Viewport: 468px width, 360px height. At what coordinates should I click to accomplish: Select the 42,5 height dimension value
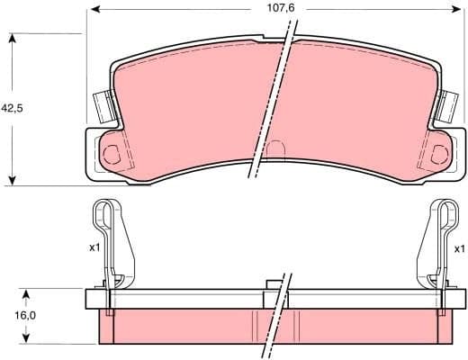point(12,108)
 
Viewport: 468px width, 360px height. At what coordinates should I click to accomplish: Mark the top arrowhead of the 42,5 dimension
point(12,39)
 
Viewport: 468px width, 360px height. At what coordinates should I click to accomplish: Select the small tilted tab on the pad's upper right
point(445,108)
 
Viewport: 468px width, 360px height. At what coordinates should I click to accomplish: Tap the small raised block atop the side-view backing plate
point(274,286)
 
